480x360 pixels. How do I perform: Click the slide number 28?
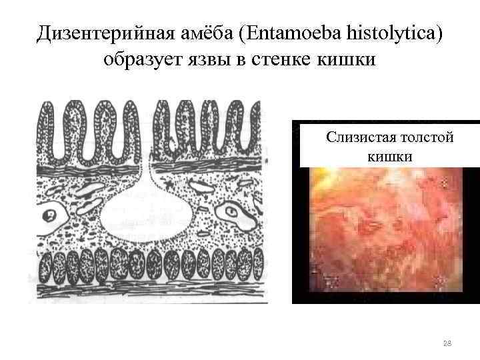point(447,343)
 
